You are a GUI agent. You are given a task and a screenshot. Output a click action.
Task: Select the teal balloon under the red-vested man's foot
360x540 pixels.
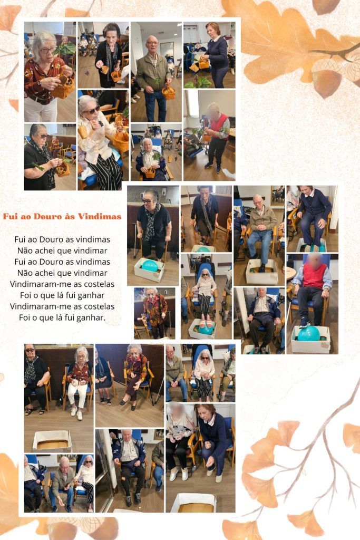(x=309, y=333)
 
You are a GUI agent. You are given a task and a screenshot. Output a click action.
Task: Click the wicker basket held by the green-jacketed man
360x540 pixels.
(x=169, y=92)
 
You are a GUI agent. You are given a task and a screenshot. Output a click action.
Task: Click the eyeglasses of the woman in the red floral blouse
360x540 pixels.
(x=48, y=50)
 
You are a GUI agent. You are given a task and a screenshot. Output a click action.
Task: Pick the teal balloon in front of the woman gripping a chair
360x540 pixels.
(x=150, y=266)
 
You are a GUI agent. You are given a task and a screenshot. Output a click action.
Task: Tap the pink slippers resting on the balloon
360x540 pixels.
(x=205, y=324)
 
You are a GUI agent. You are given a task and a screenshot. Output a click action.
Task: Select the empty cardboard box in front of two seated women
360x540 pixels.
(x=52, y=441)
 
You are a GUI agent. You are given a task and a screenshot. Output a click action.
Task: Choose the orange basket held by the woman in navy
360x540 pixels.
(x=204, y=64)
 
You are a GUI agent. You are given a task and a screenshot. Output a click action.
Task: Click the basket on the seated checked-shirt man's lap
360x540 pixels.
(x=150, y=172)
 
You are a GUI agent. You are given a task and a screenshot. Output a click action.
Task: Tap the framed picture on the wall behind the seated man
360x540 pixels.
(x=277, y=195)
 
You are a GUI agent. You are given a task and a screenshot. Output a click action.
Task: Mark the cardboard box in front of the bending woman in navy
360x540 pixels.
(x=194, y=503)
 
